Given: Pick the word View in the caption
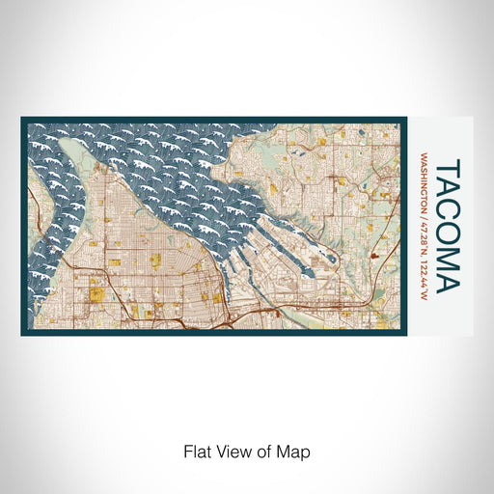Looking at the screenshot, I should click(232, 451).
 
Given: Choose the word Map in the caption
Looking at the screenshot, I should click(293, 451).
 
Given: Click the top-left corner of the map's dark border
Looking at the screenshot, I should click(21, 119).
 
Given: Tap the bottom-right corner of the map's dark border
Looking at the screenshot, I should click(406, 335).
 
